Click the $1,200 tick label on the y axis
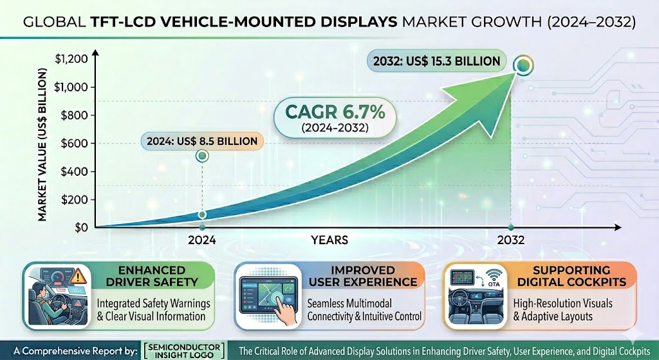click(x=71, y=59)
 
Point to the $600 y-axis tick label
click(x=75, y=144)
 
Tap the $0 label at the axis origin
click(x=82, y=227)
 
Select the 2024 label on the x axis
click(x=201, y=240)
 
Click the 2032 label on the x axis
click(x=511, y=240)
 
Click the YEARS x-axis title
click(x=329, y=240)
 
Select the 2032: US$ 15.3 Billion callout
click(x=437, y=61)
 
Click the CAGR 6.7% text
click(x=335, y=112)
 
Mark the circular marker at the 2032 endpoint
click(x=523, y=65)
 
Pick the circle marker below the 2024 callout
click(x=202, y=156)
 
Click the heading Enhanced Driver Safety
click(x=152, y=276)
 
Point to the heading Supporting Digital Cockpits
click(x=571, y=276)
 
